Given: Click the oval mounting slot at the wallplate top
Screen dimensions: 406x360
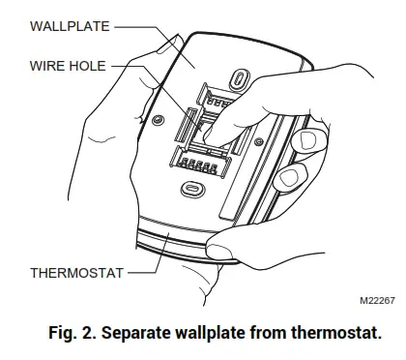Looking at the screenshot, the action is [238, 75].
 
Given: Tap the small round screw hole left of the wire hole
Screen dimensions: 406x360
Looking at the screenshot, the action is [158, 121].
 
